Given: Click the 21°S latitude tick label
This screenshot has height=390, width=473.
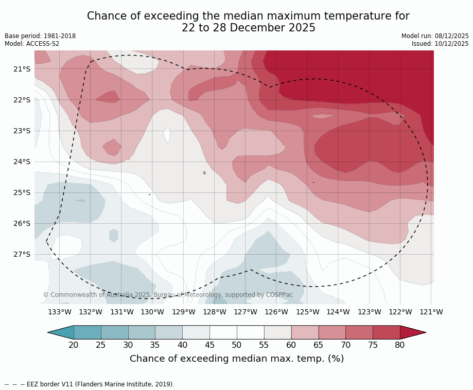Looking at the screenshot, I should [22, 69].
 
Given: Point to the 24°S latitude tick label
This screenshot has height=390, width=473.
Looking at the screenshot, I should [22, 162].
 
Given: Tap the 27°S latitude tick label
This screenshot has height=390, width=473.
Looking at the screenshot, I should [22, 254].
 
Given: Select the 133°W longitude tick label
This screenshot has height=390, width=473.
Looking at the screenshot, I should [60, 312].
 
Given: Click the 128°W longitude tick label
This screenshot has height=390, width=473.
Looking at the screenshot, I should [215, 312].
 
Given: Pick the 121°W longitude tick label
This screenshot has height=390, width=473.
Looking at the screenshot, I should [431, 312].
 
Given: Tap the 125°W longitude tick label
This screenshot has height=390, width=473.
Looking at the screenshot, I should [307, 312].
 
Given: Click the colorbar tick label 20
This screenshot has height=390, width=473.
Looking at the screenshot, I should [74, 345].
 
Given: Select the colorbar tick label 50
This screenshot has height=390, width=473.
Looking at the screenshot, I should [237, 345].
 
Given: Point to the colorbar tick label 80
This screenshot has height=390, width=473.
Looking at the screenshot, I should [400, 345].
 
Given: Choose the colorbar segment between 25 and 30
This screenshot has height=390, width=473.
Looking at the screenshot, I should [114, 332].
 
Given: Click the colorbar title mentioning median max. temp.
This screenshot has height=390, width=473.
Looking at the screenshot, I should [237, 359].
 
